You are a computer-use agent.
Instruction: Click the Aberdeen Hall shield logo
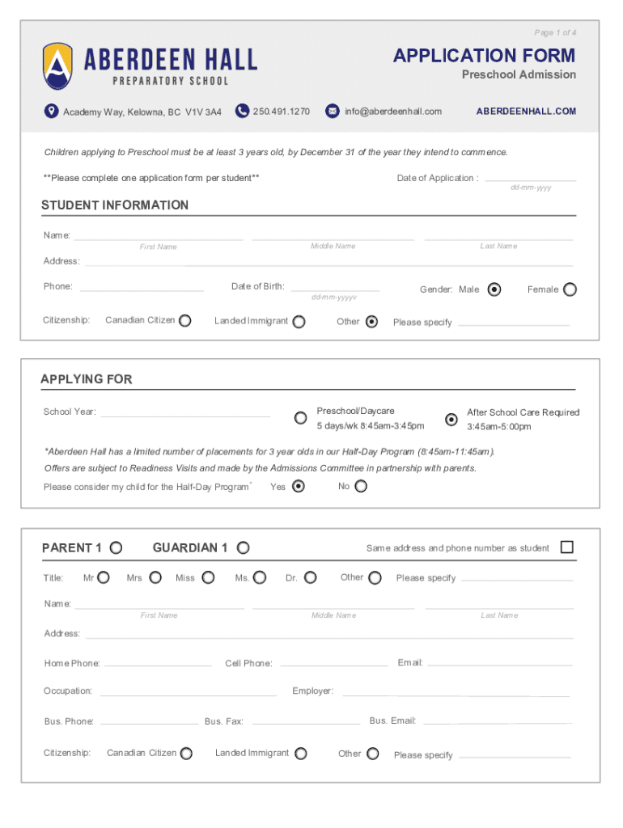pyautogui.click(x=57, y=66)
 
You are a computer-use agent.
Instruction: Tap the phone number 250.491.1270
pyautogui.click(x=281, y=112)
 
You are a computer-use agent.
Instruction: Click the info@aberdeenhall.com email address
pyautogui.click(x=393, y=112)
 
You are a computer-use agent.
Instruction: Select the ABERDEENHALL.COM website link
pyautogui.click(x=526, y=112)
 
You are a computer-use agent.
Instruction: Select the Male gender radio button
pyautogui.click(x=494, y=289)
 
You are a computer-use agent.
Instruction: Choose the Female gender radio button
pyautogui.click(x=570, y=289)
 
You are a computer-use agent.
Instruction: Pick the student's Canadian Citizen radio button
pyautogui.click(x=185, y=321)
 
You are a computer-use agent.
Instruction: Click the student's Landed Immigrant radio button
pyautogui.click(x=299, y=322)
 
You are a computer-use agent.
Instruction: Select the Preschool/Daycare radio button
pyautogui.click(x=300, y=418)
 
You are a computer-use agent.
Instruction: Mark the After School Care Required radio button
pyautogui.click(x=451, y=419)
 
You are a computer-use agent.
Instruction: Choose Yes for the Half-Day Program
pyautogui.click(x=299, y=487)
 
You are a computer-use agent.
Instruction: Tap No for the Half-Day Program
pyautogui.click(x=361, y=487)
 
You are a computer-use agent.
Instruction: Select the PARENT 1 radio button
pyautogui.click(x=117, y=548)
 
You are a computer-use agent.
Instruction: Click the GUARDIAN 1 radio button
pyautogui.click(x=243, y=548)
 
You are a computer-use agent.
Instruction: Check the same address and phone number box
pyautogui.click(x=566, y=547)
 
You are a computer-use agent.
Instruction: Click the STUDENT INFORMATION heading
pyautogui.click(x=115, y=205)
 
